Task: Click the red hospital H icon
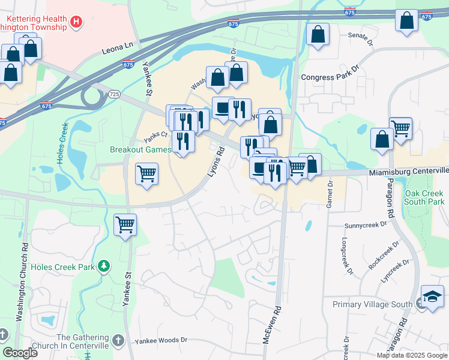76,23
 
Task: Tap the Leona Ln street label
117,46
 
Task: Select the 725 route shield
115,95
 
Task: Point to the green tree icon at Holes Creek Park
104,265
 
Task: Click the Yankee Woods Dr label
161,340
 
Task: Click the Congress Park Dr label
329,77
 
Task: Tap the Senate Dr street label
361,35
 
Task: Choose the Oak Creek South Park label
424,198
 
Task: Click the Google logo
20,353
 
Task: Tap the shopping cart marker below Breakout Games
146,175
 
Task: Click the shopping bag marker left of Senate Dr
318,34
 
